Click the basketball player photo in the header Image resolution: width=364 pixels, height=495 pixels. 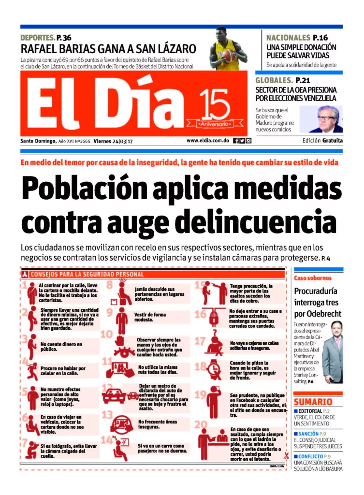tap(228, 49)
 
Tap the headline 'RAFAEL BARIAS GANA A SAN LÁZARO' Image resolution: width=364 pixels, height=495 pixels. tap(108, 49)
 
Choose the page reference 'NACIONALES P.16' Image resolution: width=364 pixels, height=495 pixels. tap(297, 38)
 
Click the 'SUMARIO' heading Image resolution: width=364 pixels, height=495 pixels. tap(313, 402)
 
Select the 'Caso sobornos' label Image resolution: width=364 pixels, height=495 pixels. tap(313, 278)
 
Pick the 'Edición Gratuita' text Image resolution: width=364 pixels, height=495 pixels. tap(322, 141)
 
